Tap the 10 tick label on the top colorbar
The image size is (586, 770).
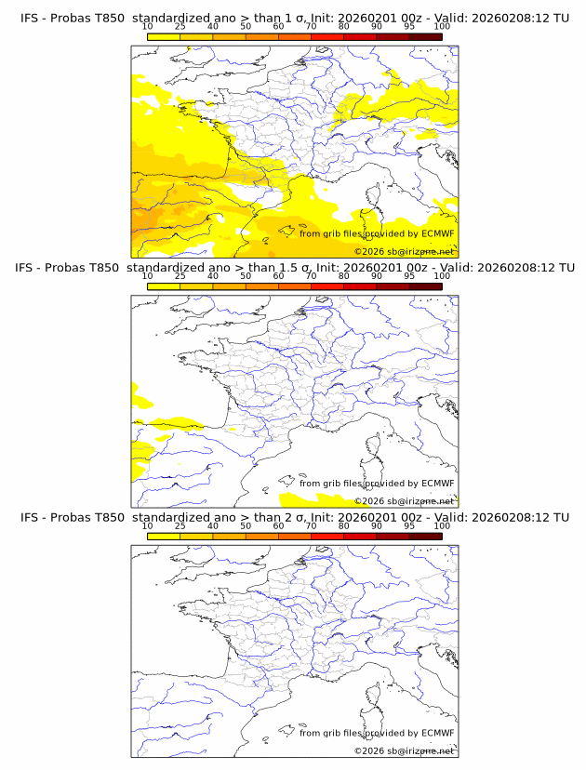click(x=148, y=27)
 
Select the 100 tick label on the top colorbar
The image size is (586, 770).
click(x=442, y=27)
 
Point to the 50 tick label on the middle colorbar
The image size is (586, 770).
click(x=246, y=276)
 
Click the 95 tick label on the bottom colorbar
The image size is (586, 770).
click(x=409, y=525)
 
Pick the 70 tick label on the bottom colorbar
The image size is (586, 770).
click(x=311, y=525)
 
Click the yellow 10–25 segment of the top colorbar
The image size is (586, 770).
click(x=164, y=36)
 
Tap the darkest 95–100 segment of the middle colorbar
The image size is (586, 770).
click(x=425, y=285)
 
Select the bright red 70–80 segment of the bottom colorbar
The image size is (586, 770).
click(x=326, y=535)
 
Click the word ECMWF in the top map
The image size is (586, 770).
click(x=437, y=233)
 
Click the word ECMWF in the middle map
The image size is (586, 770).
click(x=437, y=483)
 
